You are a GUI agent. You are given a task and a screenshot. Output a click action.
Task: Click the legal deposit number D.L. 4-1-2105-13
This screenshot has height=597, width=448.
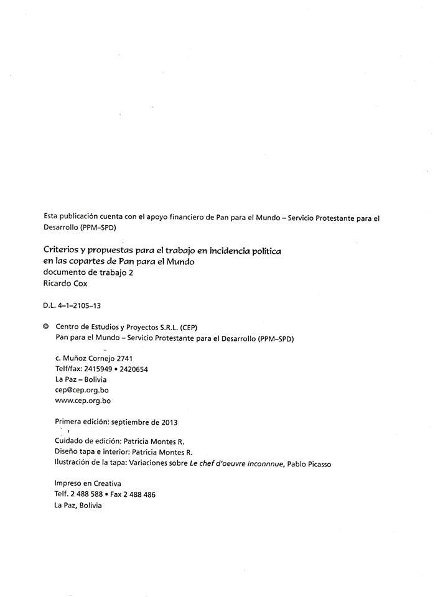(72, 305)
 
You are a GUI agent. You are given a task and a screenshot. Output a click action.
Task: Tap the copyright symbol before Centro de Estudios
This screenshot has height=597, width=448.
(46, 327)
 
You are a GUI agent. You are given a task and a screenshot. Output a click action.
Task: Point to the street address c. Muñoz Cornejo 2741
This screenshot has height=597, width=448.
(93, 358)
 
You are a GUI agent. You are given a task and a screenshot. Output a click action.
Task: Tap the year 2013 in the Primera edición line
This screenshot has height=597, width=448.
(169, 422)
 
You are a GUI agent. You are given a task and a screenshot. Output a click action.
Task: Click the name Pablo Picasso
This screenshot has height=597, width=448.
(309, 464)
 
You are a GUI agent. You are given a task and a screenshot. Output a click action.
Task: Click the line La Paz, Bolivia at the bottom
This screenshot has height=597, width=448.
(78, 506)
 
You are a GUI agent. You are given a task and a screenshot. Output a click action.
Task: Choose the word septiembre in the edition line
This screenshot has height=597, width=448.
(129, 422)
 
